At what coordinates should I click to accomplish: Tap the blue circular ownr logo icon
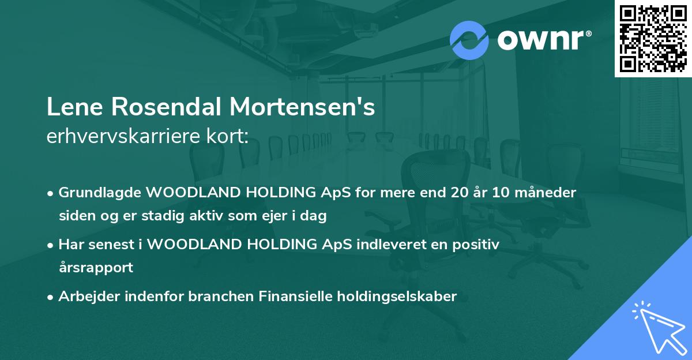[x=469, y=40]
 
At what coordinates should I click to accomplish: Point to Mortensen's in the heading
[x=303, y=108]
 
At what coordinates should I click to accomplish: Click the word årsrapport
[x=96, y=268]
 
